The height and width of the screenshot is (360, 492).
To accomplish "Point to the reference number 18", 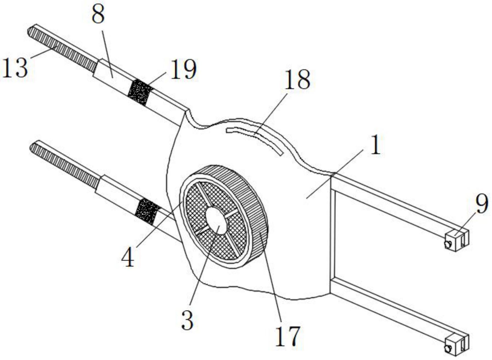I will tap(297, 80).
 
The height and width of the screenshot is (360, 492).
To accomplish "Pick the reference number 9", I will tap(482, 204).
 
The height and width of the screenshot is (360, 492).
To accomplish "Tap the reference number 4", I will tap(128, 258).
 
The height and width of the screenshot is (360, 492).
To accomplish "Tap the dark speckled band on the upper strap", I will tap(140, 92).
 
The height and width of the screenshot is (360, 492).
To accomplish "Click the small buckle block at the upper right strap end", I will tap(457, 240).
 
